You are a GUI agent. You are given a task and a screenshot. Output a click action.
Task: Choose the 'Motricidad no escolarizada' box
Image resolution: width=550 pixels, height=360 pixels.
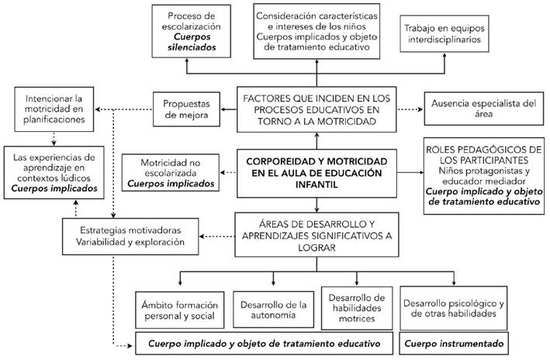[x=170, y=172]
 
